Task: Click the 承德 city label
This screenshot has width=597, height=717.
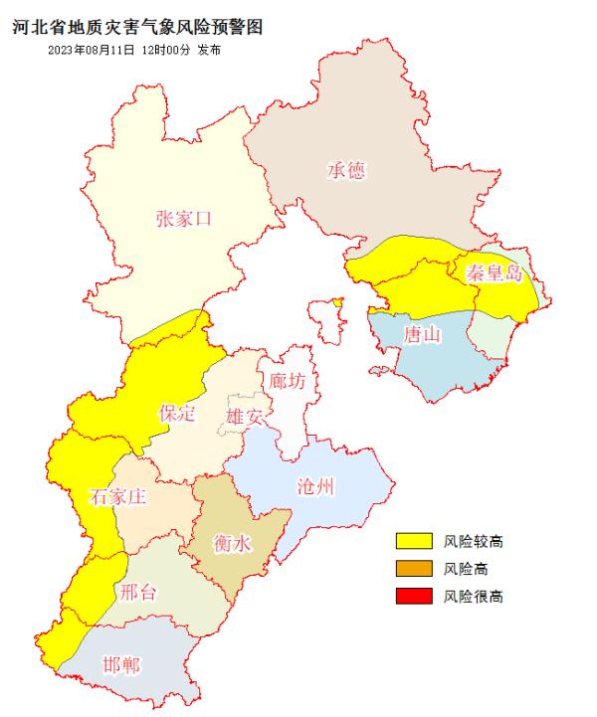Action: tap(346, 171)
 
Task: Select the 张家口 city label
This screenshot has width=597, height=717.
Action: tap(184, 220)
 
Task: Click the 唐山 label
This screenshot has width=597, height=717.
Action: tap(422, 334)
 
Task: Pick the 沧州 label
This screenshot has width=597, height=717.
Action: tap(316, 487)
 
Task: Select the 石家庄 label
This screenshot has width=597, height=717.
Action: tap(117, 497)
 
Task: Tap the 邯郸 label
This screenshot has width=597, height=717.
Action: tap(121, 664)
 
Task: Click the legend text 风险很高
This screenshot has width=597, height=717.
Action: tap(474, 597)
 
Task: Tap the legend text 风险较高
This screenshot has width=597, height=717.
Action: tap(474, 541)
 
